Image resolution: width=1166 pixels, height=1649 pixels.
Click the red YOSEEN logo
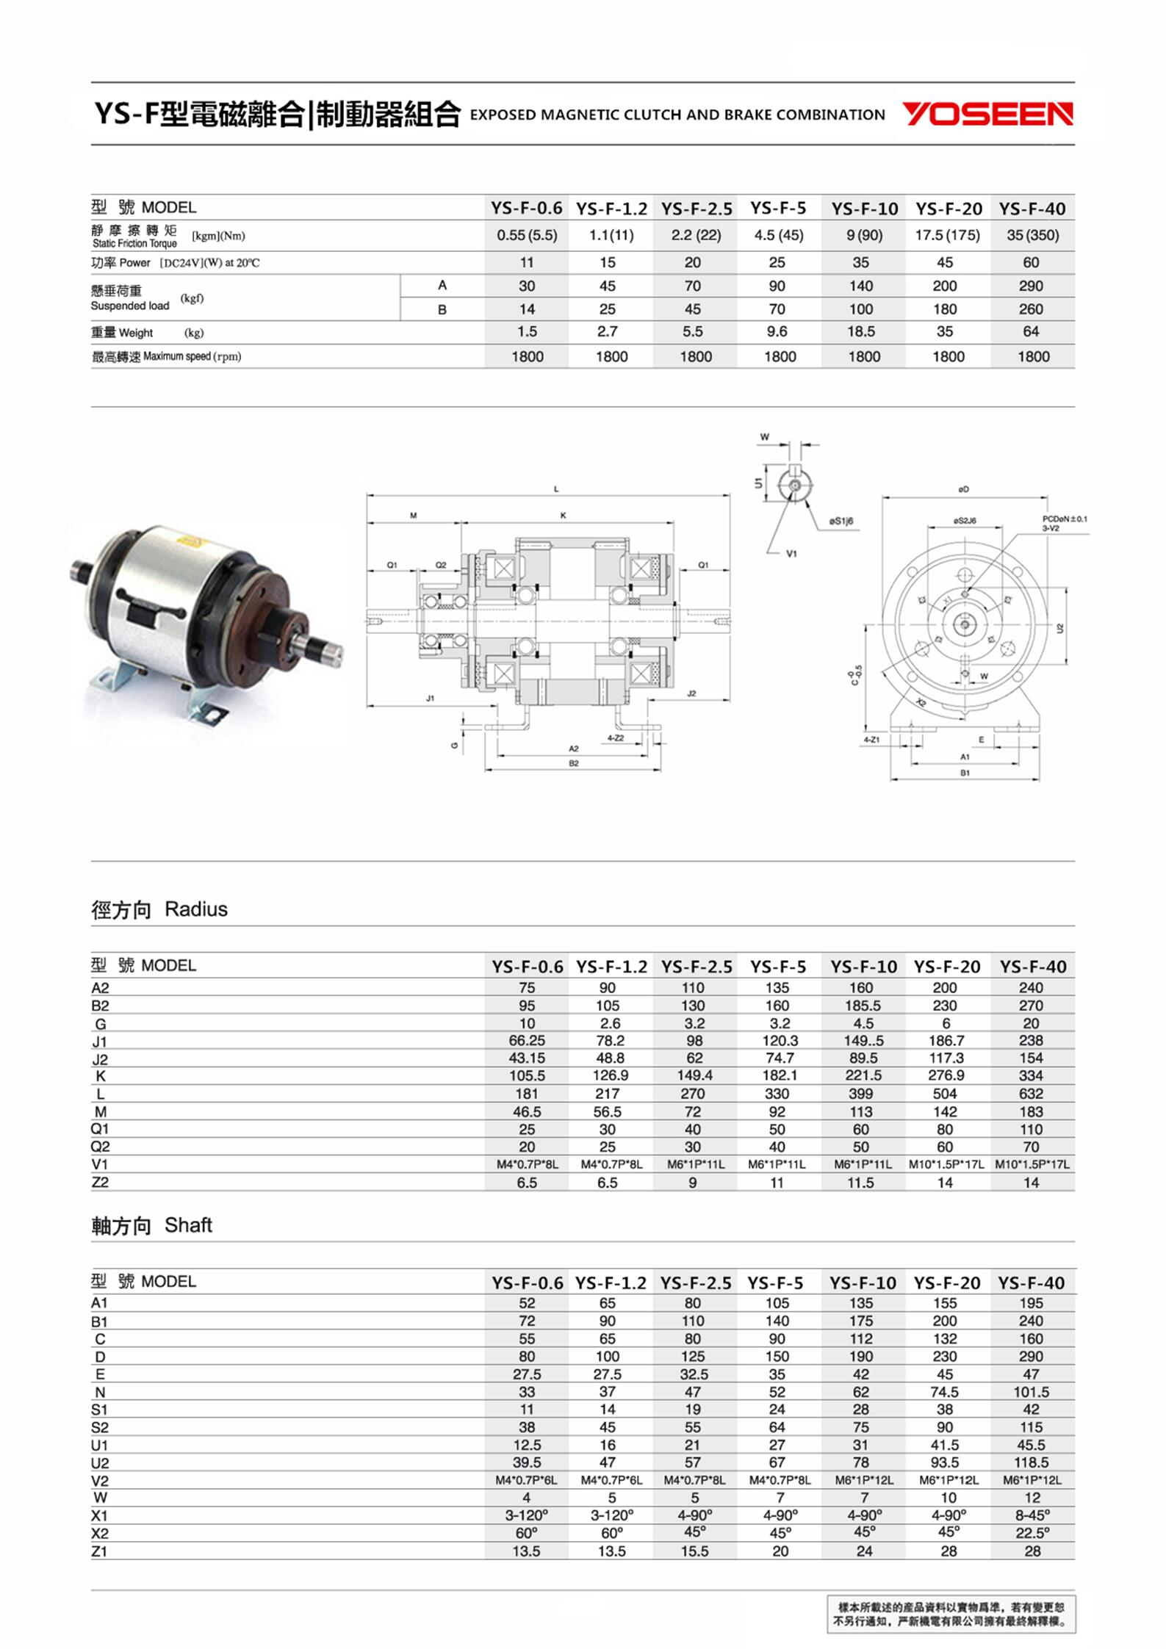tap(987, 115)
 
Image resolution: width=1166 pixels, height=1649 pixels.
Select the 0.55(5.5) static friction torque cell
tap(527, 236)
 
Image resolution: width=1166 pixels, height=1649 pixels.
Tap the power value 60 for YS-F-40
tap(1031, 262)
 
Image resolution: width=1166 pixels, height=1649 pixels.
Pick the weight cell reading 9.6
tap(777, 332)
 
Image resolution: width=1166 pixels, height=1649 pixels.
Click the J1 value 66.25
tap(527, 1041)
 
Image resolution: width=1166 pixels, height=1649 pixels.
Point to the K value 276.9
tap(946, 1075)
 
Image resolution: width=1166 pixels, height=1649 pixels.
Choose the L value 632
tap(1031, 1094)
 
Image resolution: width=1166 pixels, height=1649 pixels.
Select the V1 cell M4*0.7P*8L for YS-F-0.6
tap(527, 1164)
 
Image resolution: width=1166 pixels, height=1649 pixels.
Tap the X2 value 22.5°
tap(1032, 1533)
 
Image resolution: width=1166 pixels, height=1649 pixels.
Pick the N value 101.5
tap(1031, 1392)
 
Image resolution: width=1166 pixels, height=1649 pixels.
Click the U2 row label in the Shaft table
tap(100, 1463)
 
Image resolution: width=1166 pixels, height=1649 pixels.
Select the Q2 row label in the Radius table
tap(101, 1147)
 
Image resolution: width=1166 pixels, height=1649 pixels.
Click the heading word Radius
tap(196, 909)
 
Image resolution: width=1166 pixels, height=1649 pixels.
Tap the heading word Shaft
tap(188, 1225)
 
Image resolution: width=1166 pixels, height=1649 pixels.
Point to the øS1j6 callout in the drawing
tap(841, 521)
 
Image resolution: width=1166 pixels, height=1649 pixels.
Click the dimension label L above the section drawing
tap(556, 489)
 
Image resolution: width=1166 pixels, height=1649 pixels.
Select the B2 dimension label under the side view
tap(574, 764)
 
